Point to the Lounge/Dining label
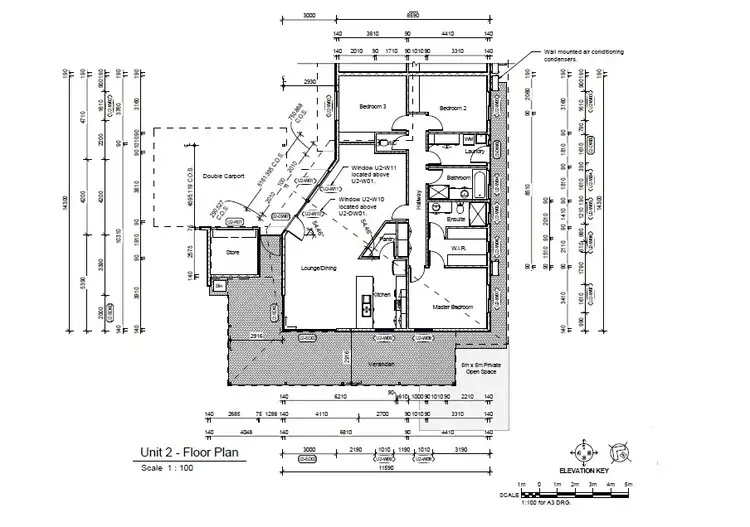[x=314, y=269]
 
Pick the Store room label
[x=232, y=253]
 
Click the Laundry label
[x=475, y=152]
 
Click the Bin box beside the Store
[x=219, y=286]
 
